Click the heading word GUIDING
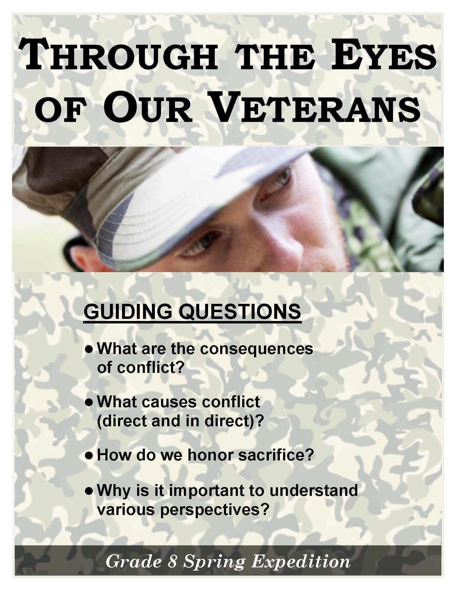click(x=128, y=311)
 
